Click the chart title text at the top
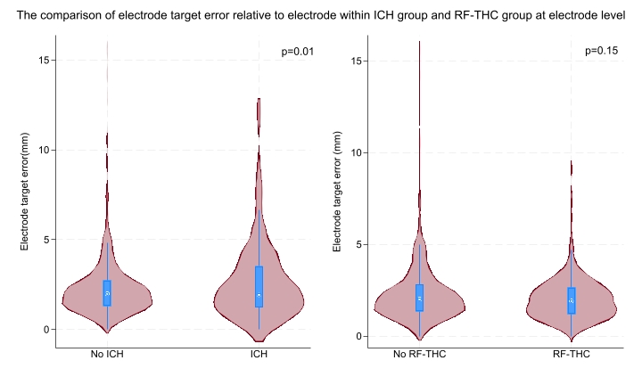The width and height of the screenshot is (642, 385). pos(320,15)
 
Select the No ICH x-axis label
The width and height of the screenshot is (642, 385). pos(107,355)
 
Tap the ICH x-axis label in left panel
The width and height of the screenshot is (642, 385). pos(259,355)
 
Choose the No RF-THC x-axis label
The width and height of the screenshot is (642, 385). pos(420,355)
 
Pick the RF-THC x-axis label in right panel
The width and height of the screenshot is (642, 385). pos(571,355)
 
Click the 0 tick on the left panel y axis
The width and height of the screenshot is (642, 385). pos(45,329)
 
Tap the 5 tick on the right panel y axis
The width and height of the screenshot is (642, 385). pos(358,244)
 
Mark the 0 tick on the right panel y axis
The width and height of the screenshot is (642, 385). pos(358,336)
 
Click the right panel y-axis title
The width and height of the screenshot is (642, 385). pos(337,190)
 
